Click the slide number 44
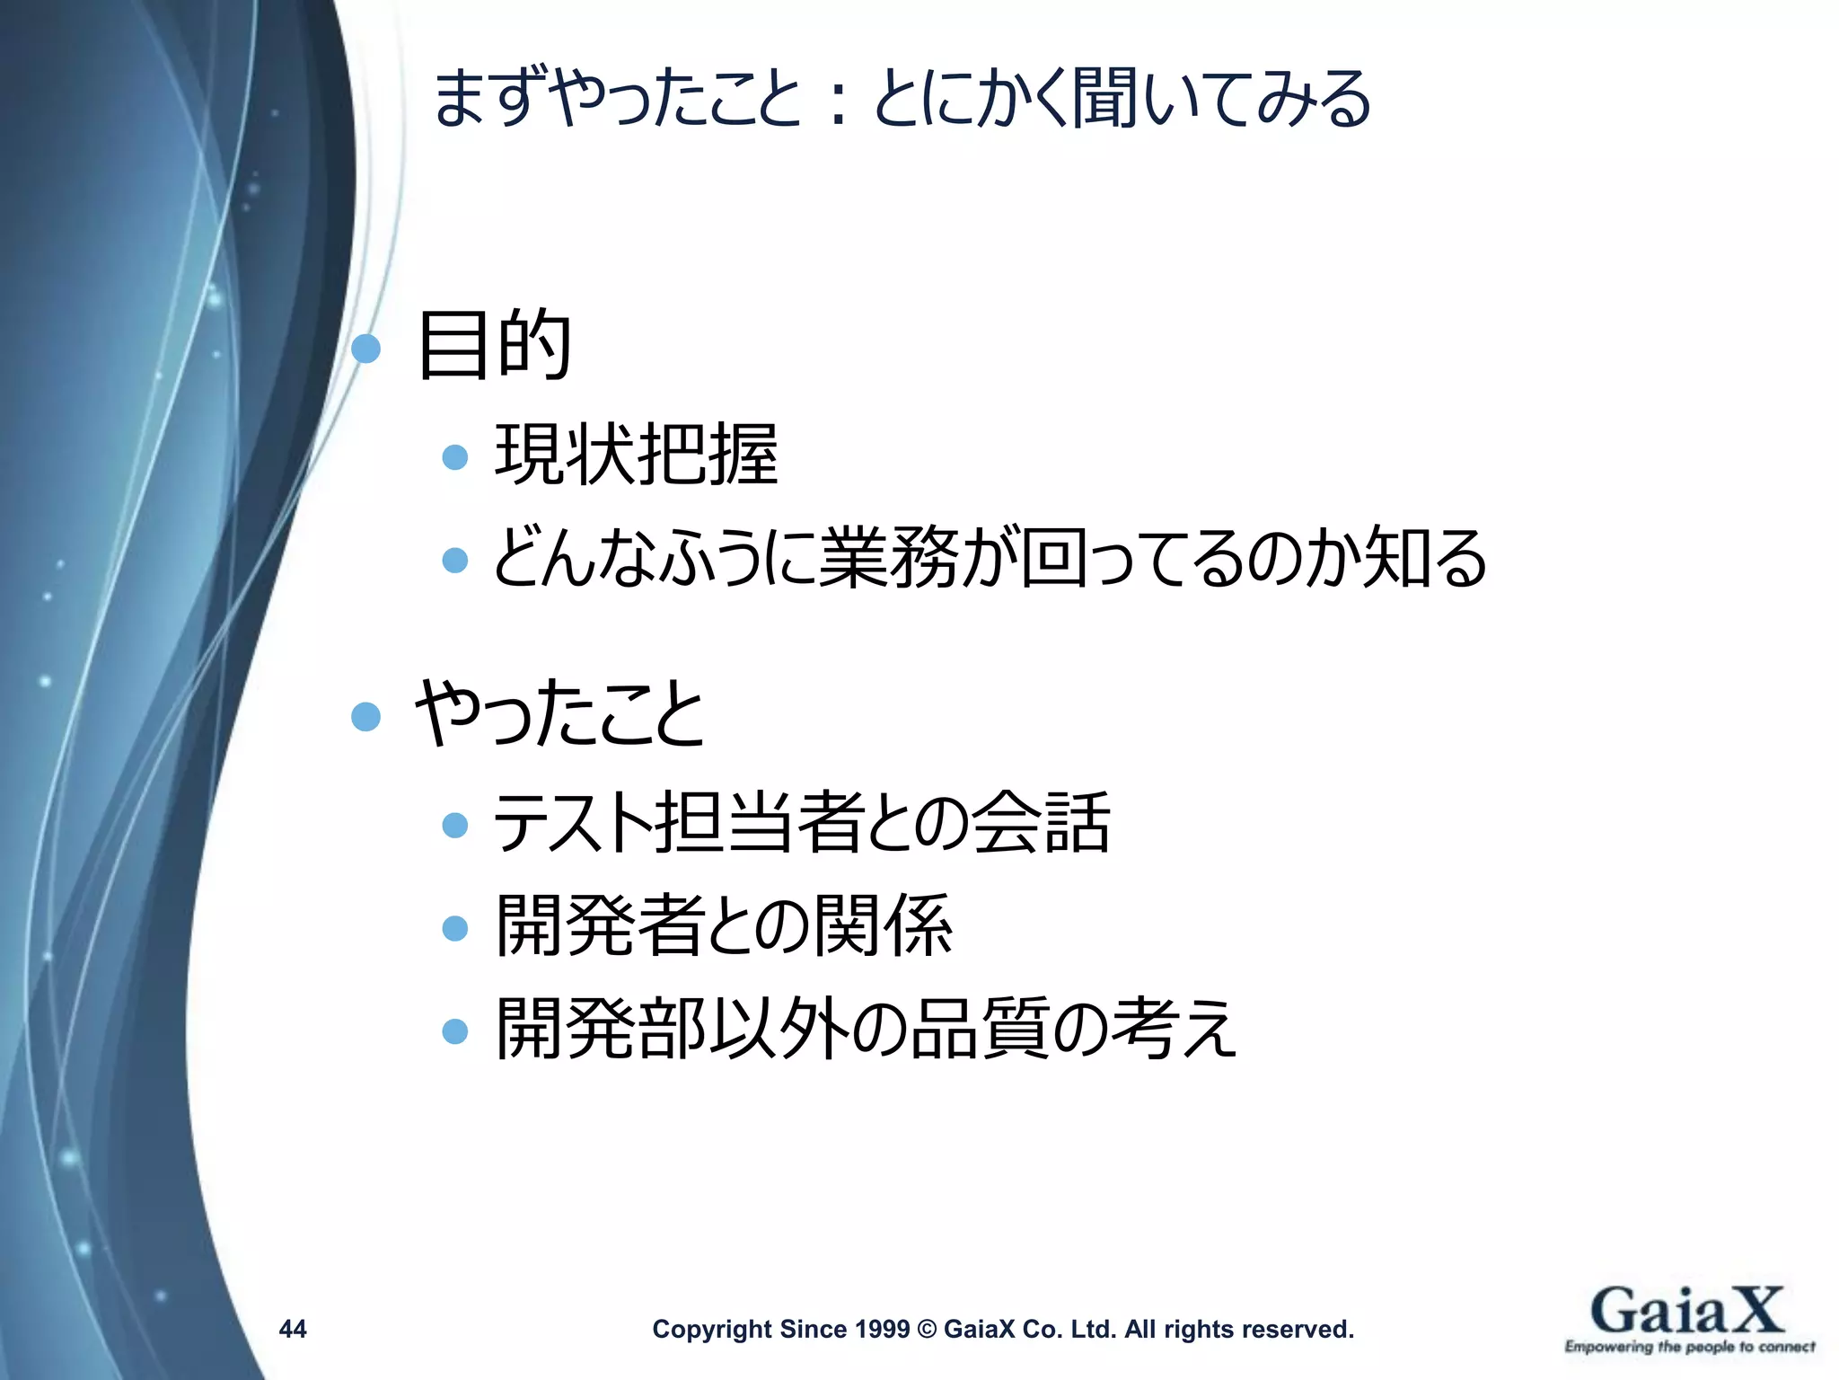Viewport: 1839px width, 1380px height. click(293, 1329)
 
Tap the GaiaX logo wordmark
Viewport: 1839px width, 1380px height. click(1686, 1311)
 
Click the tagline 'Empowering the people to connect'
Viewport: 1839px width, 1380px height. click(1689, 1347)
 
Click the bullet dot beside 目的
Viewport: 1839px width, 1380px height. click(365, 348)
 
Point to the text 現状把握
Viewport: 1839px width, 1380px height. click(636, 456)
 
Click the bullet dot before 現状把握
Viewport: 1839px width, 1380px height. click(455, 457)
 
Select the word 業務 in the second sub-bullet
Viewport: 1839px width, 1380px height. click(887, 558)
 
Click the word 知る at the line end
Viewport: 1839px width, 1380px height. click(1423, 558)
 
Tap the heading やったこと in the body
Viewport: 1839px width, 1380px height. click(559, 713)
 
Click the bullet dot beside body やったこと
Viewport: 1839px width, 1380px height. click(365, 716)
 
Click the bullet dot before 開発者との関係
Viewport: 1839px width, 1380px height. click(455, 928)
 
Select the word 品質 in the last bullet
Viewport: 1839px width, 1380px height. click(979, 1030)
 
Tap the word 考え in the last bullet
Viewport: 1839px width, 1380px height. click(1173, 1030)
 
